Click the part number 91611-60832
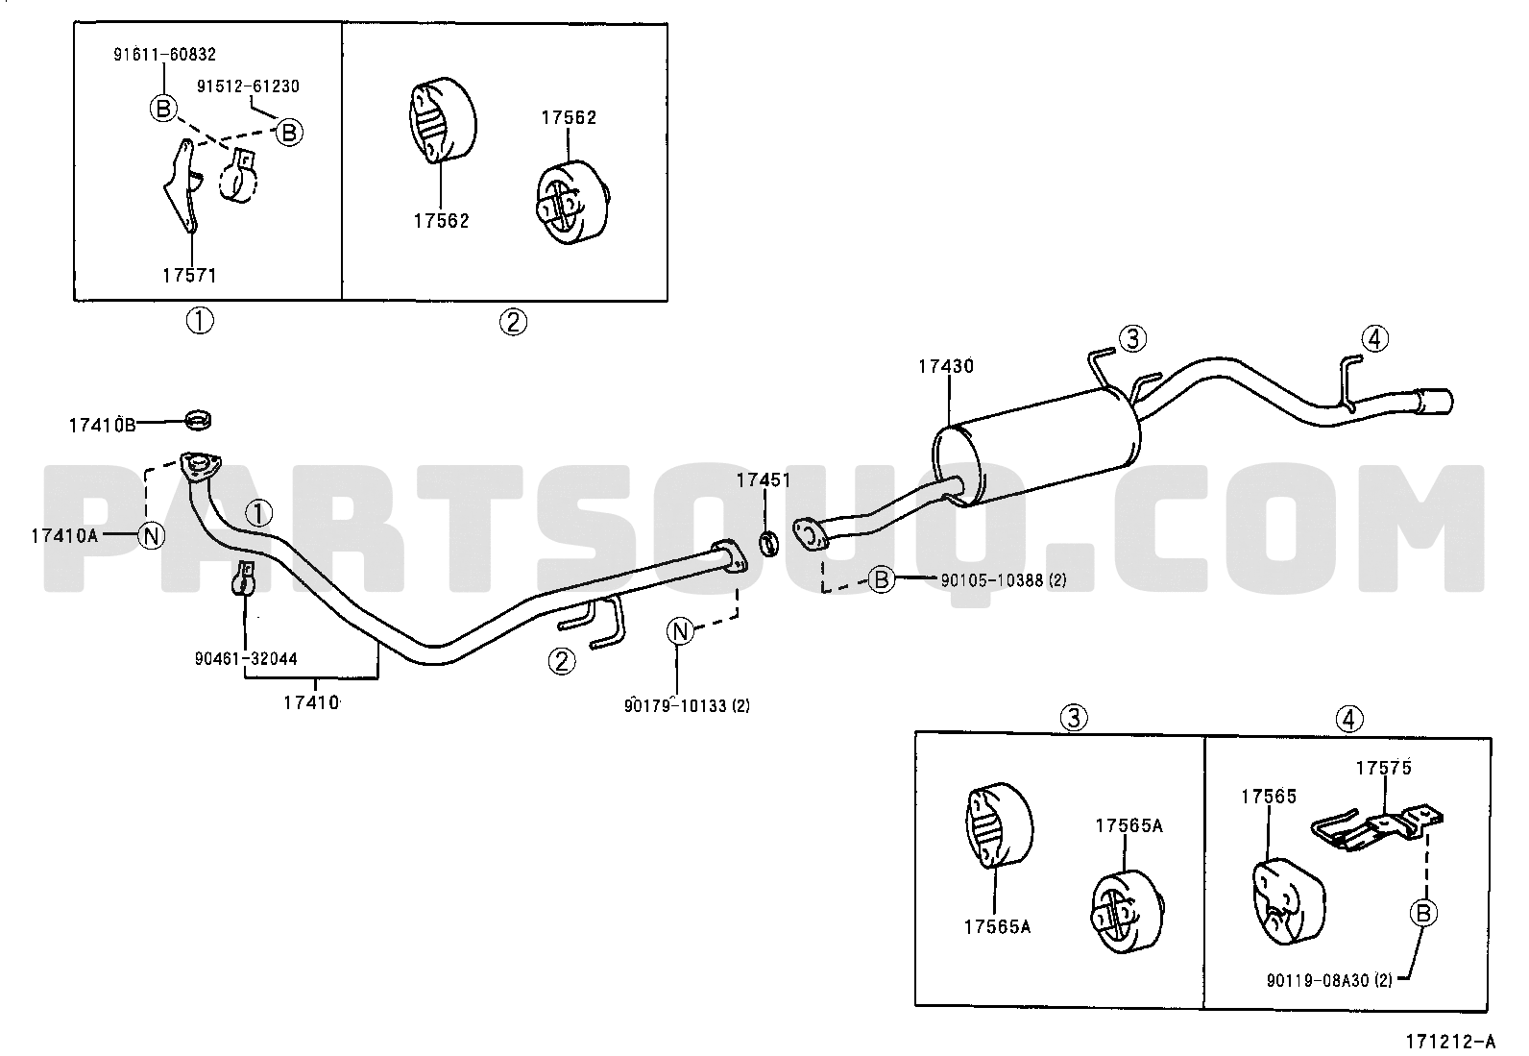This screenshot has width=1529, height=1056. point(164,54)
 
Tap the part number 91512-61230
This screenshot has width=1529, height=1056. point(249,86)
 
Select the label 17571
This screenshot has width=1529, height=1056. point(189,275)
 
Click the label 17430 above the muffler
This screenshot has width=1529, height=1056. point(946,366)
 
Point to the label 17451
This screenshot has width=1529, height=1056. point(764,480)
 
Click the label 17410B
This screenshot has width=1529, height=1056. point(103,425)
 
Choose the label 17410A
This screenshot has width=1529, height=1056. point(65,535)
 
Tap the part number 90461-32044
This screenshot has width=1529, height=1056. point(246,658)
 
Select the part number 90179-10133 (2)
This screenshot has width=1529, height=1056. point(687,706)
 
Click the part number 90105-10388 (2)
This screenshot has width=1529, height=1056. point(1004,580)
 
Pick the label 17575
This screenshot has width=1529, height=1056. point(1384,768)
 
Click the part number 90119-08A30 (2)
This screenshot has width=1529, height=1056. point(1329,981)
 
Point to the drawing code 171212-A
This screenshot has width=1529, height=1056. point(1450,1042)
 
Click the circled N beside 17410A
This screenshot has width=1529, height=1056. point(152,535)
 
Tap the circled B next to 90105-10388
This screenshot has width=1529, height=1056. point(882,580)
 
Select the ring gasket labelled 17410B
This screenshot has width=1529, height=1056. point(199,419)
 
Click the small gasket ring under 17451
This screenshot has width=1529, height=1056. point(770,543)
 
